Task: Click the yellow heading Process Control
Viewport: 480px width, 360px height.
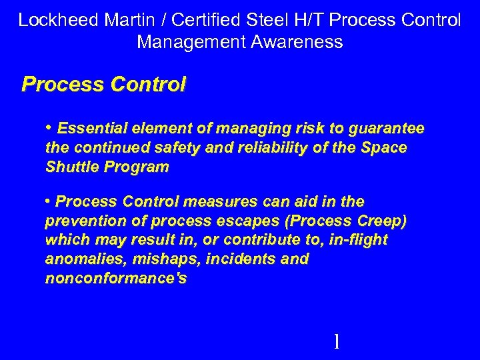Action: [x=104, y=85]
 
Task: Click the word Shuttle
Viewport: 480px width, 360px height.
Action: [x=72, y=167]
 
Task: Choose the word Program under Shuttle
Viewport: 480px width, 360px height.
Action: [x=137, y=168]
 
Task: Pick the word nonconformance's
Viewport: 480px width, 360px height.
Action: [x=116, y=278]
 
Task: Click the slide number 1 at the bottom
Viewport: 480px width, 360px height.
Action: [x=337, y=342]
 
